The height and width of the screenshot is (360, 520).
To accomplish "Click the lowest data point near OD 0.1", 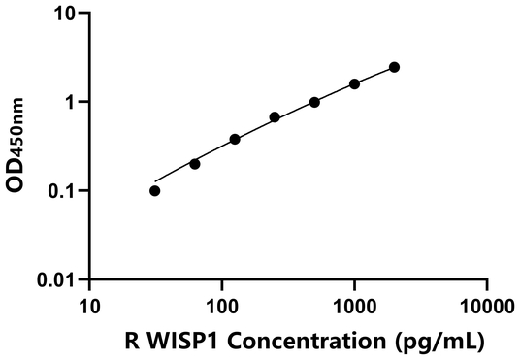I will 155,191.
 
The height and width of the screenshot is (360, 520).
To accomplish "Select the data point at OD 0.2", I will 195,164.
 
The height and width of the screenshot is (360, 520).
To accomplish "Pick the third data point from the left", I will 235,140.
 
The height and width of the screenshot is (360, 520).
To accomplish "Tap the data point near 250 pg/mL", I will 275,117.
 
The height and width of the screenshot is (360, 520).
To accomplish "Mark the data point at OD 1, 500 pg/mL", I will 314,102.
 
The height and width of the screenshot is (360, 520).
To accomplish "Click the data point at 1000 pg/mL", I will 354,84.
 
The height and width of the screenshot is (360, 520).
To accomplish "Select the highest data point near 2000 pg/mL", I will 394,67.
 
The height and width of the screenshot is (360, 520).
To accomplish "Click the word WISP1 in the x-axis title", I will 182,342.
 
